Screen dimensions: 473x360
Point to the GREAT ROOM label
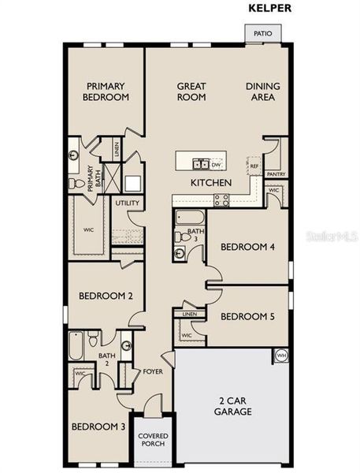tap(191, 91)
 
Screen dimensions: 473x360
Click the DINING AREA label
tap(262, 91)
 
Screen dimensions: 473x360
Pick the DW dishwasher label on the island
tap(216, 165)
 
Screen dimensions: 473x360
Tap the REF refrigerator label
tap(254, 166)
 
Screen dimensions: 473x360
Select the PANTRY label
tap(276, 174)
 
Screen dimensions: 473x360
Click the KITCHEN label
tap(210, 183)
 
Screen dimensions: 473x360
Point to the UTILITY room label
tap(128, 203)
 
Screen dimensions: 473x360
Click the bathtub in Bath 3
tap(190, 218)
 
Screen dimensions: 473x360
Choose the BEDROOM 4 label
tap(247, 247)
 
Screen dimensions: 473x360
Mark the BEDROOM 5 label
tap(247, 317)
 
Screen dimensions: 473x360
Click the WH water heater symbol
tap(281, 356)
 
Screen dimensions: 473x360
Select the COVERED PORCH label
tap(151, 440)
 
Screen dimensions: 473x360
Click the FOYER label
tap(152, 371)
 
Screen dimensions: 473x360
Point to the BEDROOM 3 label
tap(98, 426)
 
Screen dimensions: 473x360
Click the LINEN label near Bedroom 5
tap(189, 315)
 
